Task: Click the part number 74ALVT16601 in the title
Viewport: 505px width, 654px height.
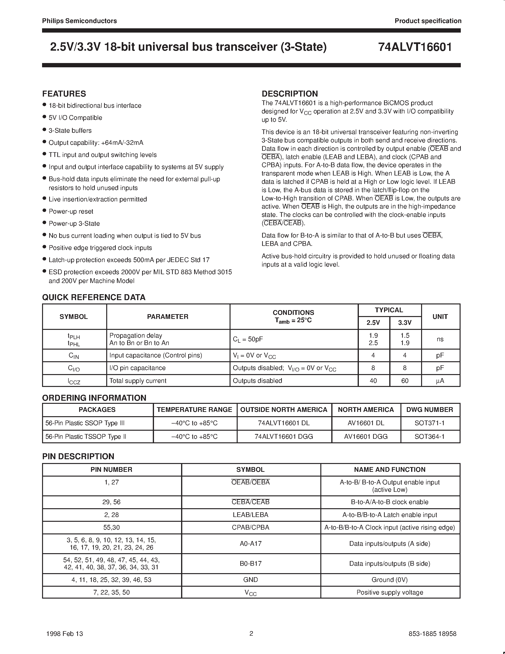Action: click(415, 47)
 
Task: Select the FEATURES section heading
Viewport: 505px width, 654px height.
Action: click(64, 94)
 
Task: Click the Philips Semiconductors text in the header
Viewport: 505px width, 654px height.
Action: click(79, 21)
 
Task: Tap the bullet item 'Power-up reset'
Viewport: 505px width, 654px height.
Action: click(71, 211)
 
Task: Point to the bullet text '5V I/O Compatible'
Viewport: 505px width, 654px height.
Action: click(75, 118)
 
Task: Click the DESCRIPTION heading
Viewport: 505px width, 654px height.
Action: click(290, 94)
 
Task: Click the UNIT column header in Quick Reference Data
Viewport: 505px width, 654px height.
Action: click(440, 317)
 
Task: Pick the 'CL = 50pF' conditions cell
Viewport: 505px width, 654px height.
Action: click(248, 339)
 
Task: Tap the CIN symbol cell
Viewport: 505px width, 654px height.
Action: click(74, 356)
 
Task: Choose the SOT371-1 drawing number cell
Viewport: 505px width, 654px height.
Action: click(430, 423)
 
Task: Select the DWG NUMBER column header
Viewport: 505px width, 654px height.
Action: click(430, 410)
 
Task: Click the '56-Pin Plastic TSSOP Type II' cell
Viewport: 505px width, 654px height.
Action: click(86, 437)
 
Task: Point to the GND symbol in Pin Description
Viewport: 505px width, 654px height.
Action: click(250, 580)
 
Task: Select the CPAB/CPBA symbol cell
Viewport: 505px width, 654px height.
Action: click(250, 527)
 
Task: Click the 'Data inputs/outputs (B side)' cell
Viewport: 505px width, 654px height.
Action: click(390, 564)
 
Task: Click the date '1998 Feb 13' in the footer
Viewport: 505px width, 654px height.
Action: click(65, 634)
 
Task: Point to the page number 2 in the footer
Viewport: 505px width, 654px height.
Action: click(251, 633)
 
